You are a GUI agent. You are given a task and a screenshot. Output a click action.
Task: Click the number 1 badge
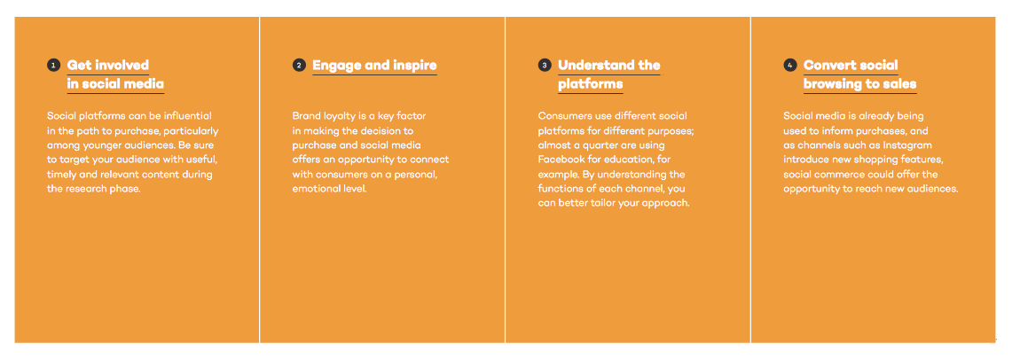[52, 66]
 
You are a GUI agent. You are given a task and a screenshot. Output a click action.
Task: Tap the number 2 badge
[298, 66]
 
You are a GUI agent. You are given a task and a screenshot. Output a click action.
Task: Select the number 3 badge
[544, 66]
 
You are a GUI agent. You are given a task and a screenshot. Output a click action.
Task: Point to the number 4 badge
[789, 66]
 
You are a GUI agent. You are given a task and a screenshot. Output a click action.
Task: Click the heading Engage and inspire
[374, 66]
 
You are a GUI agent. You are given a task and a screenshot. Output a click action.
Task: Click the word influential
[186, 115]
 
